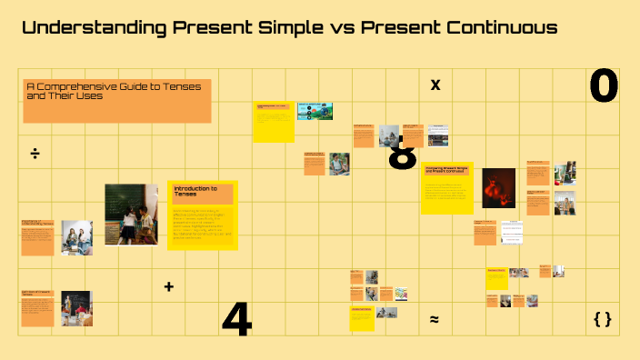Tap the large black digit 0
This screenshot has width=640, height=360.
[604, 87]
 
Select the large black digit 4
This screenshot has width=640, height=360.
[236, 320]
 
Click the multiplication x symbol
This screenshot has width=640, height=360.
[435, 85]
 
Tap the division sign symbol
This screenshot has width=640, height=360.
[35, 153]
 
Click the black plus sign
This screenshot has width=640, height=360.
[168, 287]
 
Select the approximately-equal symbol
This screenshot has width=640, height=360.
[435, 320]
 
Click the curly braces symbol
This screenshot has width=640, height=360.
[602, 319]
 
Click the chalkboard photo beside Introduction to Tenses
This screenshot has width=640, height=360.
[131, 214]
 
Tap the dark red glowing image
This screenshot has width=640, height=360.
[498, 187]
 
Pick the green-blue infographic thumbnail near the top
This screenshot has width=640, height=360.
[315, 112]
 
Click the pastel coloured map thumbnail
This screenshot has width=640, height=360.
[401, 294]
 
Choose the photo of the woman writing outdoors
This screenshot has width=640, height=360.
[339, 164]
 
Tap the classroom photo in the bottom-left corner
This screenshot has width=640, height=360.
[76, 308]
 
